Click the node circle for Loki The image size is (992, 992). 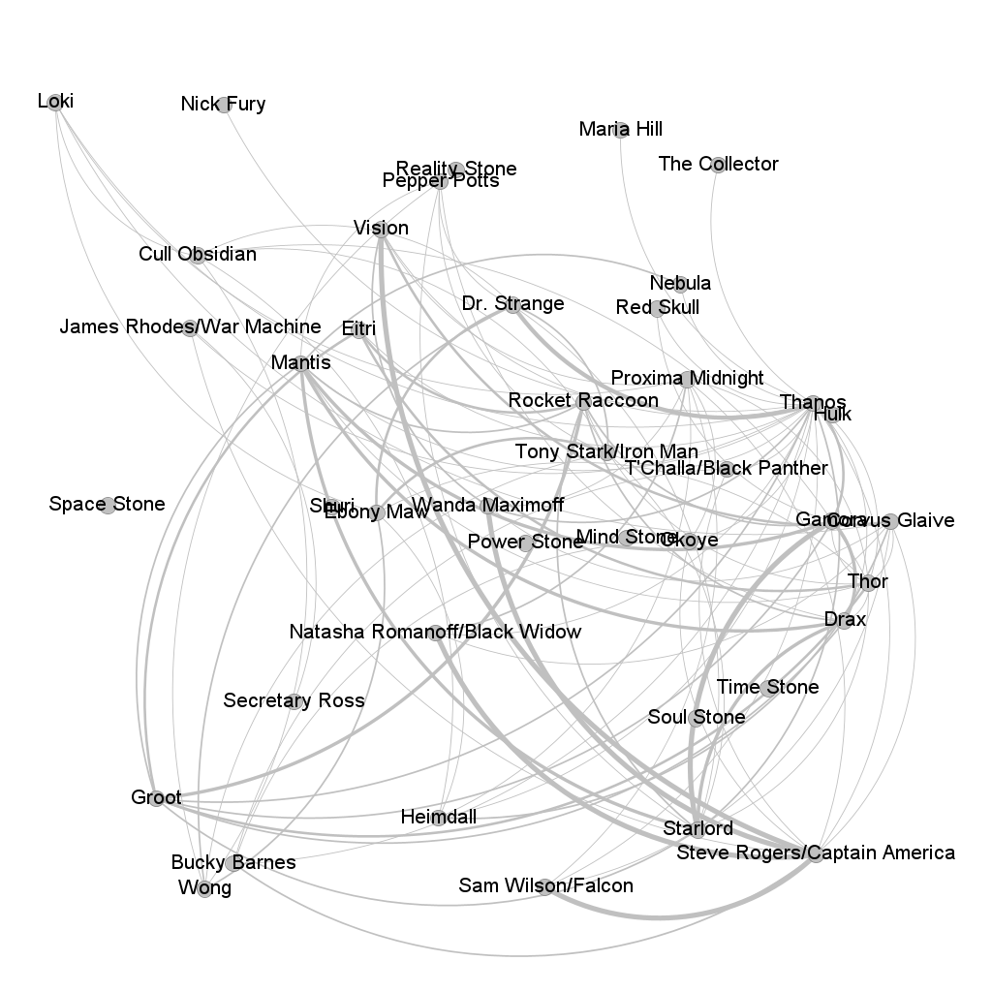(x=55, y=102)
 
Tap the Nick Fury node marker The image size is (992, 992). (x=224, y=105)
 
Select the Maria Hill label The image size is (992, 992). (x=620, y=129)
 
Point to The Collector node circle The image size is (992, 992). (x=718, y=165)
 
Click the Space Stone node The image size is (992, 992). (x=108, y=505)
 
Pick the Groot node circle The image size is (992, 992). (x=157, y=798)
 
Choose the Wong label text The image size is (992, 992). (x=204, y=888)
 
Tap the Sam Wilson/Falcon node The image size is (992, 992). (x=545, y=886)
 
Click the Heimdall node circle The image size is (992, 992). (x=438, y=818)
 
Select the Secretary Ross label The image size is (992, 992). (x=294, y=700)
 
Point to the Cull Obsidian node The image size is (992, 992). (x=198, y=256)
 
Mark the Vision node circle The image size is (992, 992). (x=381, y=229)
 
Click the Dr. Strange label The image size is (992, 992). (x=512, y=304)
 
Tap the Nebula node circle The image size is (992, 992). (x=680, y=284)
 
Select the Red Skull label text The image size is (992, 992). (x=657, y=308)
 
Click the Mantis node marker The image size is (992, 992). (x=301, y=364)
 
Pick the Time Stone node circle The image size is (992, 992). (x=768, y=688)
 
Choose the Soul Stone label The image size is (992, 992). (x=697, y=718)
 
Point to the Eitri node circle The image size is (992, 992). (x=358, y=329)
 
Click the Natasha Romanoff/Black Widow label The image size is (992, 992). (x=435, y=633)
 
